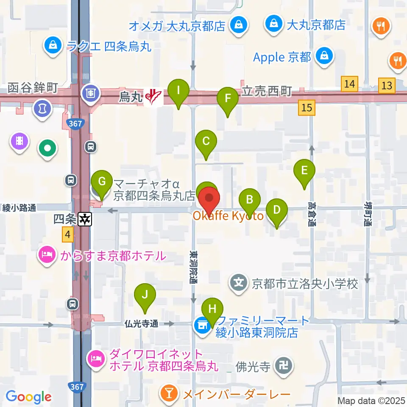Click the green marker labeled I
(178, 91)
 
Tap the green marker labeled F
(228, 100)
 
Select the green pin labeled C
(206, 142)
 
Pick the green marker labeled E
(304, 171)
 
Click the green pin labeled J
(145, 295)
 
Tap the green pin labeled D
(276, 211)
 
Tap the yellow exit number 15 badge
(307, 108)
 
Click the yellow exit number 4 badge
(68, 234)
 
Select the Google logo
(28, 397)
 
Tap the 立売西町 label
(267, 91)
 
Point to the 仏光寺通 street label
(142, 324)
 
